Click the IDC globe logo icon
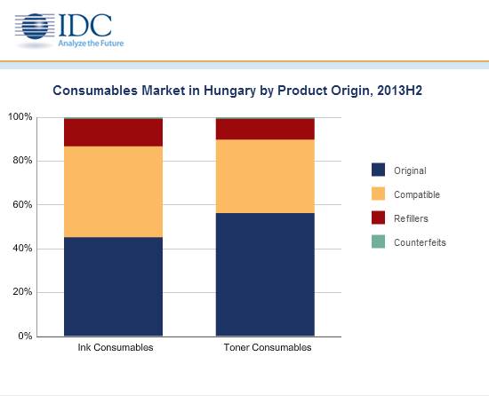tap(35, 26)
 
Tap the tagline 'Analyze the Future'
tap(91, 44)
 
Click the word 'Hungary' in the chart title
tap(229, 91)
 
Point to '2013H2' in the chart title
tap(399, 91)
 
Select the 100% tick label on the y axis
tap(20, 117)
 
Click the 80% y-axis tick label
tap(22, 161)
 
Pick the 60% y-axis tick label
tap(22, 204)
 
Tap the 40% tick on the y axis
tap(22, 249)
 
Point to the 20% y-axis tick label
tap(22, 292)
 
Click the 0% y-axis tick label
tap(25, 336)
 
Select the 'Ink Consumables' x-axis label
tap(116, 347)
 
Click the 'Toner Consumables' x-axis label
tap(268, 347)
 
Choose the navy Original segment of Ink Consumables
tap(113, 287)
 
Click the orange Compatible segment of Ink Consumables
tap(113, 192)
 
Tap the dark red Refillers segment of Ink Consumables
tap(113, 132)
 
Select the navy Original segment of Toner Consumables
tap(265, 274)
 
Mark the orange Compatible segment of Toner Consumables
tap(265, 176)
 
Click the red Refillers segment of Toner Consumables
tap(265, 130)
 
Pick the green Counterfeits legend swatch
tap(378, 242)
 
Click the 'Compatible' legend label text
tap(417, 194)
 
